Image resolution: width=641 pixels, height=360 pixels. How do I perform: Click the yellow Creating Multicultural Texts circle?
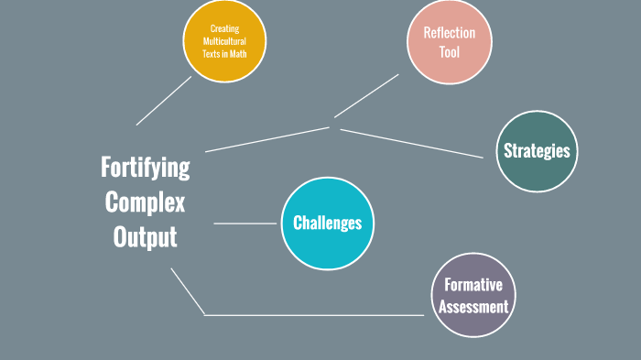(x=224, y=41)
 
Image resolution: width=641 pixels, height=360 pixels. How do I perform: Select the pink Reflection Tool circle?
(x=450, y=42)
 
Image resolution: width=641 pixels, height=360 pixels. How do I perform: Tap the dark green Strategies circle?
(x=537, y=151)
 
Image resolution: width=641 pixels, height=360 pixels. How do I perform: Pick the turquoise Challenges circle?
(x=328, y=224)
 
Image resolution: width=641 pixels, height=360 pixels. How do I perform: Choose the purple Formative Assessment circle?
(x=473, y=295)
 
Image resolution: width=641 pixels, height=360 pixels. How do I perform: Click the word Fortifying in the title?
(x=145, y=168)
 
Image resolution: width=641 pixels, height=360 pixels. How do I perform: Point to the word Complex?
(x=145, y=202)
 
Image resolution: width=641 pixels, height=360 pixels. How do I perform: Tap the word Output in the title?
(x=145, y=237)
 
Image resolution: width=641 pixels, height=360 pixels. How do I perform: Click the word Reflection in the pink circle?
(x=450, y=33)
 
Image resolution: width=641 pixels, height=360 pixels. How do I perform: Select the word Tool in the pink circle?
(x=450, y=52)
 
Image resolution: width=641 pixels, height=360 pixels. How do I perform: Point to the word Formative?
(x=473, y=285)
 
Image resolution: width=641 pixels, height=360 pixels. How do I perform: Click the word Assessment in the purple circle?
(x=473, y=306)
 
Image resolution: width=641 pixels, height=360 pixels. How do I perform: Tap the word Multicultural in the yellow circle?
(x=224, y=41)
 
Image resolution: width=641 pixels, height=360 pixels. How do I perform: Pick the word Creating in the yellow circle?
(x=224, y=28)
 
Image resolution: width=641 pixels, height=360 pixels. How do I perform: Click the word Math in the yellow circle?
(x=238, y=54)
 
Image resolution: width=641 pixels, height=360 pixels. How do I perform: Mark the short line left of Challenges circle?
(x=245, y=224)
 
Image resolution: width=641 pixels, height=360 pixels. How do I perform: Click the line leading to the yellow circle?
(x=164, y=101)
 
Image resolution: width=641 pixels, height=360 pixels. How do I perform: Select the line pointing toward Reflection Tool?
(x=366, y=96)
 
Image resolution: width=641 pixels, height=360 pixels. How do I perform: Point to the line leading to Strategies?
(x=412, y=143)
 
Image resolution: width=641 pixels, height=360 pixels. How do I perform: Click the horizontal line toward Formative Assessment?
(x=314, y=315)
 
